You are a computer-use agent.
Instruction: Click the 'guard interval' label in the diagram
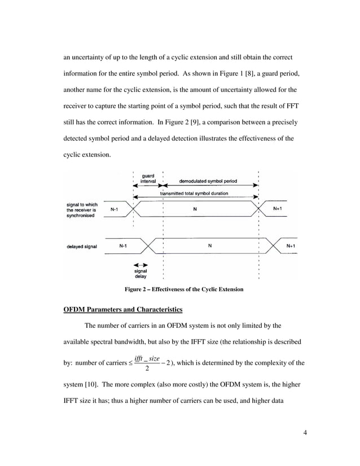pos(148,179)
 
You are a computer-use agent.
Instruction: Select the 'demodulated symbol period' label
pos(208,182)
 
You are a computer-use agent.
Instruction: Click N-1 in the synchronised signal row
pos(114,209)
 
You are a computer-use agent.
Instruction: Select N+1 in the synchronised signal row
pos(279,209)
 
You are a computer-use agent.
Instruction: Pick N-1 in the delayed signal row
pos(122,246)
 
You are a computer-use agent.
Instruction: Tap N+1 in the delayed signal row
pos(291,246)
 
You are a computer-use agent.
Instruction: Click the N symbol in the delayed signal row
pos(210,246)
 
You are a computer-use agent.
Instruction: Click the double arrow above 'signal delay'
pos(141,265)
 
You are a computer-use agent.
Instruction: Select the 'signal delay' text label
pos(141,274)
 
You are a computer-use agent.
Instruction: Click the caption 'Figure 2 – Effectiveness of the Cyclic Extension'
pos(184,289)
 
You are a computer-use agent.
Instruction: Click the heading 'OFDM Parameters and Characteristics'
pos(123,310)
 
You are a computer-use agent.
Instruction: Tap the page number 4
pos(305,433)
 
